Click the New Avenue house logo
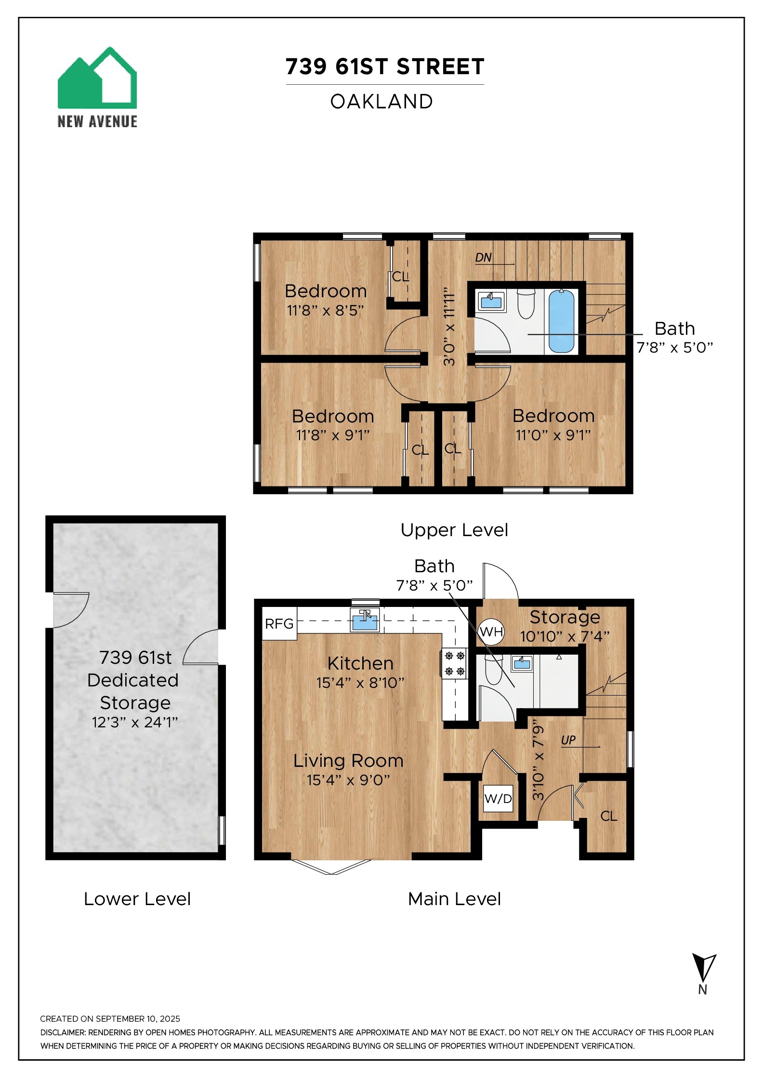97,78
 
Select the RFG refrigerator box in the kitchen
279,624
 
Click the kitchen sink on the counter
365,620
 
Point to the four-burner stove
454,663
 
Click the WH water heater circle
491,632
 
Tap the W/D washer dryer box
498,798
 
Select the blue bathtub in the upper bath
561,321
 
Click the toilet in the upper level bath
526,303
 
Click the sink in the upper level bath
491,302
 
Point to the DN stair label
483,258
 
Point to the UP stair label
568,740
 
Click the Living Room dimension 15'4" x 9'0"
348,779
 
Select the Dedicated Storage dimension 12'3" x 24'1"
135,722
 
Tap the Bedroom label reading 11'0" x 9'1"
553,435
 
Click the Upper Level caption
454,530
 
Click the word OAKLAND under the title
381,102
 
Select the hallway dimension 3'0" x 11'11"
449,327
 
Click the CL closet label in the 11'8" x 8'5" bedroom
400,276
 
